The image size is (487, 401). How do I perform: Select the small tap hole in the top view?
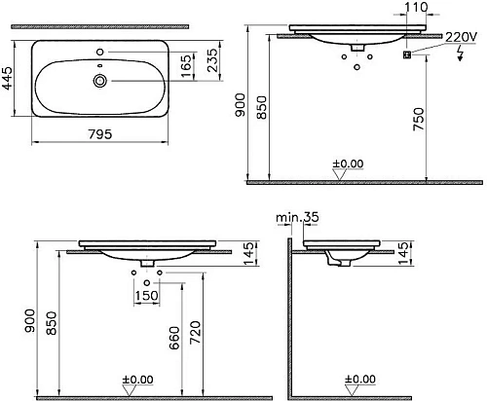98,49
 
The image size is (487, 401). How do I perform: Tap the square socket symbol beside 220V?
408,55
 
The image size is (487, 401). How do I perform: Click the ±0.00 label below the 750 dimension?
348,162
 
